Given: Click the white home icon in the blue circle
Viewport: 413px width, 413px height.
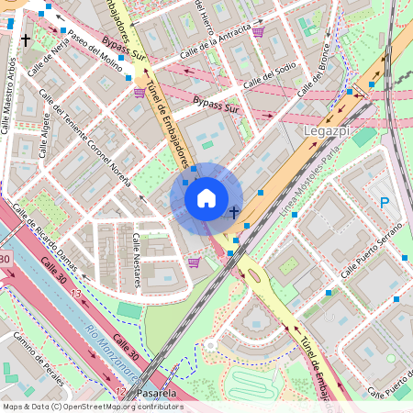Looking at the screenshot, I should click(206, 197).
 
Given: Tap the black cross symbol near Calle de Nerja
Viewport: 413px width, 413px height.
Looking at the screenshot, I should click(26, 40).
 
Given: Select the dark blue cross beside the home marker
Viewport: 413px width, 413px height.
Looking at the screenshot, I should click(234, 212).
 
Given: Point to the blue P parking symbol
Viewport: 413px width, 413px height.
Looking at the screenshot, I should click(385, 204).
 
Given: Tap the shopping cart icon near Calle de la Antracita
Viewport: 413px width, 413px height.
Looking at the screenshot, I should click(259, 32).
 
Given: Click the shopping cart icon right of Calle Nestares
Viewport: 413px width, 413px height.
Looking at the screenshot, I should click(193, 262).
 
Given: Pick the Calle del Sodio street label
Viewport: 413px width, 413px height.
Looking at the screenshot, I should click(272, 72).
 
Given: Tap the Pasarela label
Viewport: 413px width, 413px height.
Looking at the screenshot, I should click(154, 393).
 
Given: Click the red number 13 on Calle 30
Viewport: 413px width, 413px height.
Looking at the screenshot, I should click(75, 294).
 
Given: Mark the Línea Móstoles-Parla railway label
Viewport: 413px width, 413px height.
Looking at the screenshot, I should click(311, 196).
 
